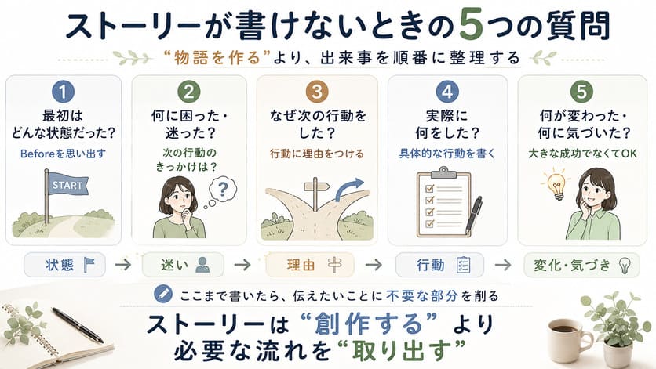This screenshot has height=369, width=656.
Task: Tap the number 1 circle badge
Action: click(x=64, y=92)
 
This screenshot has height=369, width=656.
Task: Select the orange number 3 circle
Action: click(x=317, y=92)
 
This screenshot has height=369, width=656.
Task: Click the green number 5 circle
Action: click(x=581, y=92)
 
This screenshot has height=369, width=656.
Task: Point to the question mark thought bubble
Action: click(x=223, y=190)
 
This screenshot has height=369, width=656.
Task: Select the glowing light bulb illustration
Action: click(x=556, y=185)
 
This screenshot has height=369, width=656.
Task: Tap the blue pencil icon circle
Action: click(x=163, y=294)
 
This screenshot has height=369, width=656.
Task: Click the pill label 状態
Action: click(x=65, y=265)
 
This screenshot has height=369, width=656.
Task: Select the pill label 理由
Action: click(x=310, y=265)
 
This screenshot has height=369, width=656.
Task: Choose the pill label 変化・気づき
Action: click(x=582, y=265)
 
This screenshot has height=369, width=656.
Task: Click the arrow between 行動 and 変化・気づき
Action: click(x=503, y=265)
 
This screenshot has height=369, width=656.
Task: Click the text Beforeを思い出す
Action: click(x=64, y=154)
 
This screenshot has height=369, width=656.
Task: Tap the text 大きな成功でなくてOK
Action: click(x=582, y=154)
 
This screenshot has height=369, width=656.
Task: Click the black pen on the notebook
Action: click(x=78, y=325)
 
